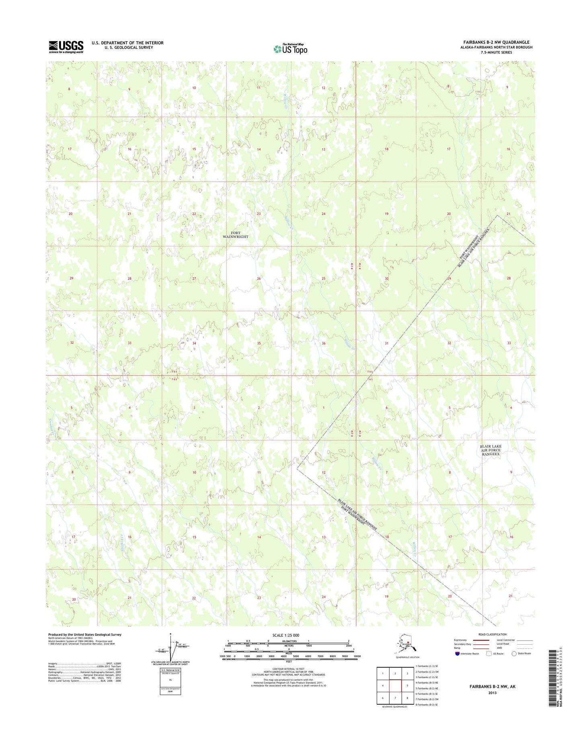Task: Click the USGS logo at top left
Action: click(66, 47)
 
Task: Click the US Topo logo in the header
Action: click(290, 49)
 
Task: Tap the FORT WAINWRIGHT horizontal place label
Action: click(236, 235)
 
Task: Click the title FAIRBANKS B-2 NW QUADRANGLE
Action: click(496, 42)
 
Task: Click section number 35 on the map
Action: click(259, 343)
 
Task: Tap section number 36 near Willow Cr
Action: click(323, 343)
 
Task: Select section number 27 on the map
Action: click(194, 278)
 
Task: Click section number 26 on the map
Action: click(259, 278)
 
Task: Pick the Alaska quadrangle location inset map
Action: click(407, 647)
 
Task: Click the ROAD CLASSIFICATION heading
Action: click(493, 634)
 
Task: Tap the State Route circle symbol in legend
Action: click(514, 654)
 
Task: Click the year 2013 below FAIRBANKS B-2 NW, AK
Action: click(492, 693)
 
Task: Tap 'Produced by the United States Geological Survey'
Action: click(84, 635)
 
